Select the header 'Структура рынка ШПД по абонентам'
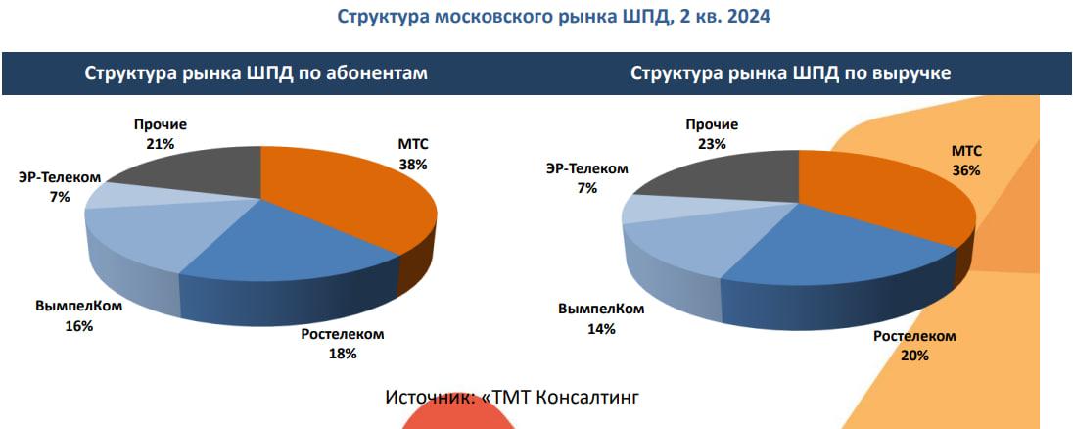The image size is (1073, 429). click(256, 74)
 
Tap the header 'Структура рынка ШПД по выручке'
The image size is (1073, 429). click(791, 74)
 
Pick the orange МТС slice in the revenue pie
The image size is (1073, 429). click(881, 201)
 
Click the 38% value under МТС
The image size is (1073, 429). click(412, 165)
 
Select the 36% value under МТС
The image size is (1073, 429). click(965, 169)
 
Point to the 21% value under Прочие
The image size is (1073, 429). click(161, 144)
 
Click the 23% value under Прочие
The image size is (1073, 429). click(712, 144)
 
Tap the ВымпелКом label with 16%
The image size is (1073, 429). click(78, 316)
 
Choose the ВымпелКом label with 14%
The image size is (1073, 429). click(600, 319)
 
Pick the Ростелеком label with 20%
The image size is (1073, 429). click(913, 346)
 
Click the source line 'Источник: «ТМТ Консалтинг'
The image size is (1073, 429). click(512, 397)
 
